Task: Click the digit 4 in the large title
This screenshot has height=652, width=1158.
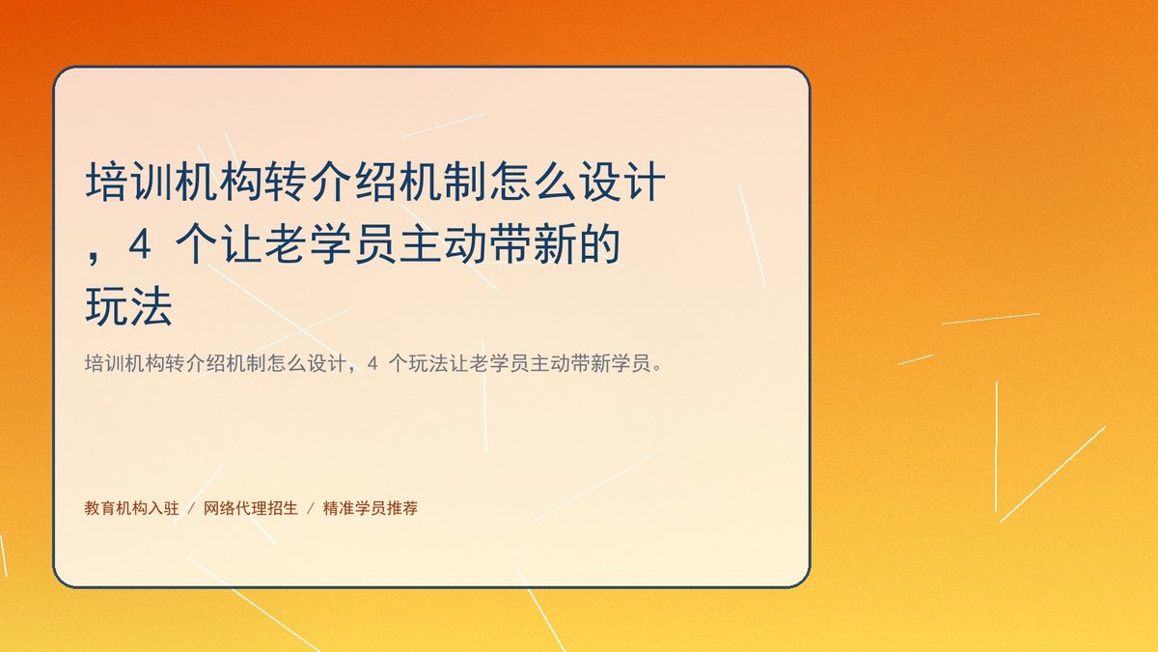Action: (x=140, y=245)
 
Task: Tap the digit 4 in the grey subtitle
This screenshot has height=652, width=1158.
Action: (x=372, y=364)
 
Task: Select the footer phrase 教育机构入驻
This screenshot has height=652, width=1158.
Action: (x=131, y=508)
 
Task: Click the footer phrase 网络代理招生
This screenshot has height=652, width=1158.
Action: (x=251, y=508)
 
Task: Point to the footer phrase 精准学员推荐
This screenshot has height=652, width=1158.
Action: (x=371, y=508)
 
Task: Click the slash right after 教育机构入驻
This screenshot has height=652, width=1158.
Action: (x=191, y=509)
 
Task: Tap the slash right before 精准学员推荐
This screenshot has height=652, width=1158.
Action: (x=311, y=509)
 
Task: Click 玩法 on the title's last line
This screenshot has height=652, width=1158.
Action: (x=128, y=306)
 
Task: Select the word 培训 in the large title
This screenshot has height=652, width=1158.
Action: (x=129, y=182)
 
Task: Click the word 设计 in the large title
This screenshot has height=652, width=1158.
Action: (x=622, y=182)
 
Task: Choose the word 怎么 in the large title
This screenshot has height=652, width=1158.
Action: (x=533, y=182)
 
